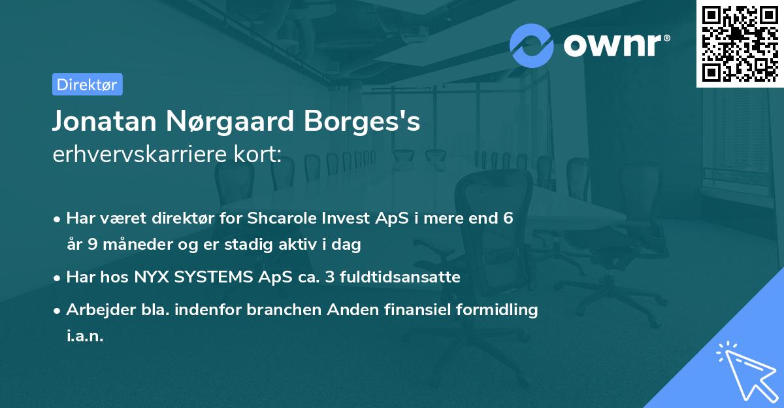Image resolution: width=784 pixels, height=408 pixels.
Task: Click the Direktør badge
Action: (87, 84)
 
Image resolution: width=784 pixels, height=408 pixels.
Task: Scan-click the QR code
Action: (740, 43)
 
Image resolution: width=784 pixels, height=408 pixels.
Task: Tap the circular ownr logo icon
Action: (532, 45)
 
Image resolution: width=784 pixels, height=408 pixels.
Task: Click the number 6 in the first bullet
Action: (508, 218)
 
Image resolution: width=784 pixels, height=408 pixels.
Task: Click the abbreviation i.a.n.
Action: (85, 336)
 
